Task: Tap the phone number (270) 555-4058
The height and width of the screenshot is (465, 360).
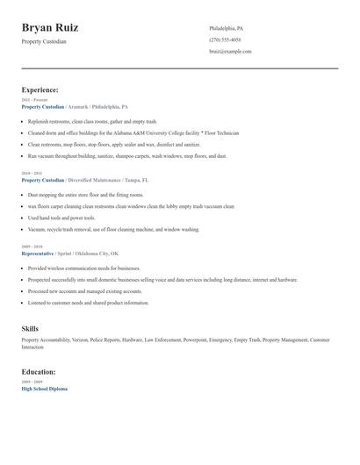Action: (225, 39)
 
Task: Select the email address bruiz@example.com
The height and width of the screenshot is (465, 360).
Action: (230, 51)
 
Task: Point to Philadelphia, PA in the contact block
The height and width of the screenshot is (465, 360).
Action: (227, 28)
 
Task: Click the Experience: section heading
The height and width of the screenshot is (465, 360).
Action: (40, 89)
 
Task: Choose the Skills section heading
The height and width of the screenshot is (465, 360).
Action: (30, 328)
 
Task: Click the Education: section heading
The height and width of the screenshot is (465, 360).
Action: (39, 371)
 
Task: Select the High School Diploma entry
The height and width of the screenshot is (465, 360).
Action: (44, 389)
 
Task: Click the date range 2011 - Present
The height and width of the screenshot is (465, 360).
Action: (35, 100)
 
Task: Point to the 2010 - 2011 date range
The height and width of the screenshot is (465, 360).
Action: (32, 174)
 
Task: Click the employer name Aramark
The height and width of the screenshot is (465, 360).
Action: (77, 106)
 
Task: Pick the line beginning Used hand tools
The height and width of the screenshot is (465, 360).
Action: (61, 218)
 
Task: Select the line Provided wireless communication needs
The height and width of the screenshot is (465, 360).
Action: (83, 268)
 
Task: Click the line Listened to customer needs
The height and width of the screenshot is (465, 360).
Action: (88, 303)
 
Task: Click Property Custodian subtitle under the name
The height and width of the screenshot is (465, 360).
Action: (44, 41)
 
